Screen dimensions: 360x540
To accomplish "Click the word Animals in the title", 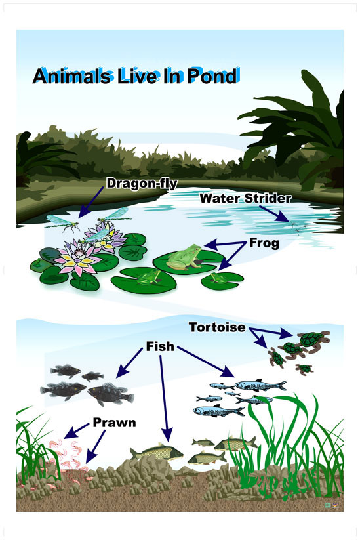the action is pyautogui.click(x=73, y=75).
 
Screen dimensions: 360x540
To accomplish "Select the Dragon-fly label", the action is pyautogui.click(x=142, y=184).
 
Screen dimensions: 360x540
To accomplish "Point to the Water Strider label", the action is pyautogui.click(x=245, y=198).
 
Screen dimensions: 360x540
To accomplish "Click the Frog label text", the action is pyautogui.click(x=264, y=243).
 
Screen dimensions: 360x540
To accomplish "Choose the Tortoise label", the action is pyautogui.click(x=218, y=327).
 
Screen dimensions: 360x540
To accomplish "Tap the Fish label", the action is pyautogui.click(x=161, y=346).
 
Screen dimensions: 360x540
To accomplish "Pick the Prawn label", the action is pyautogui.click(x=114, y=423).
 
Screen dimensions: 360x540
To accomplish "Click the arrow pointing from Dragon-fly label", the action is pyautogui.click(x=91, y=203).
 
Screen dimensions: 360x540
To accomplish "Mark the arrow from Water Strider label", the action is pyautogui.click(x=275, y=214).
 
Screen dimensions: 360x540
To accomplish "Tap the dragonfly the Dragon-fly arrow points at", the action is pyautogui.click(x=63, y=222).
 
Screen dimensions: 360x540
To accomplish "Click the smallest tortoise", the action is pyautogui.click(x=304, y=369).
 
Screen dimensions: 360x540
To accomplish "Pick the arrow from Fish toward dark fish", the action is pyautogui.click(x=129, y=363).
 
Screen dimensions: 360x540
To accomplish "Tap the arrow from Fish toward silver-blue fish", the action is pyautogui.click(x=206, y=362).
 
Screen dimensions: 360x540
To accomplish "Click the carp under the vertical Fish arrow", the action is pyautogui.click(x=157, y=452).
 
